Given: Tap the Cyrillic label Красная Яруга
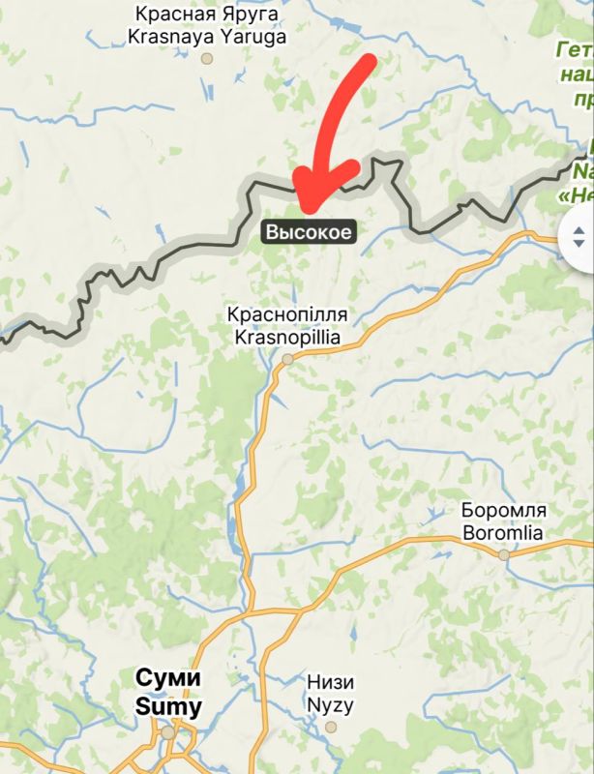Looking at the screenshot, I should (x=207, y=15).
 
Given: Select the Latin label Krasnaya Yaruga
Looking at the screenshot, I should (x=207, y=37).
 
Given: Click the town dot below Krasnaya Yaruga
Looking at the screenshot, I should (x=206, y=58).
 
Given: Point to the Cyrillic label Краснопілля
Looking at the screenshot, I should (x=286, y=315).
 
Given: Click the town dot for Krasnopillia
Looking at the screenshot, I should (x=287, y=359).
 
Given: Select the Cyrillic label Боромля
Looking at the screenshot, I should (x=504, y=511).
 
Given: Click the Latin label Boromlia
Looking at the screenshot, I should (x=503, y=532).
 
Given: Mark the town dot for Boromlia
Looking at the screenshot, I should (x=503, y=554).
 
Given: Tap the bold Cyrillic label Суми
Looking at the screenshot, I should (x=168, y=678).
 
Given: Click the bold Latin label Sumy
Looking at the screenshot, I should (x=168, y=707).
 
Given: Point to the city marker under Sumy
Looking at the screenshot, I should (x=168, y=732).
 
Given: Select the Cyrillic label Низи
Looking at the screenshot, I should (x=330, y=682).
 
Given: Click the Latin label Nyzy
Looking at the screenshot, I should (x=330, y=704).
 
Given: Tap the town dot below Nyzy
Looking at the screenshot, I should (x=331, y=726).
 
